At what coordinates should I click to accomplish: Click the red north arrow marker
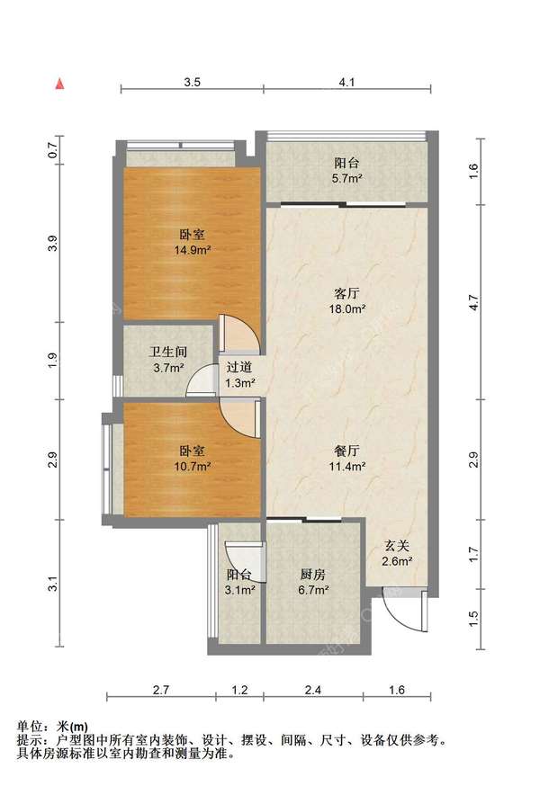59,84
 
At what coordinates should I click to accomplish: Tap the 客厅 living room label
346,293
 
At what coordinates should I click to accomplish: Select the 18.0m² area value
346,309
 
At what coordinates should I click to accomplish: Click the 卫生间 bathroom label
168,352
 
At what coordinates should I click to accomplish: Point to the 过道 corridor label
239,367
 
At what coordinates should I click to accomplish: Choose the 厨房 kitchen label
313,574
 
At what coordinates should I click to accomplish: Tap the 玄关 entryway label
397,545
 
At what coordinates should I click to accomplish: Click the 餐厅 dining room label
346,451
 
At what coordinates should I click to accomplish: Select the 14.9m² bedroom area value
192,250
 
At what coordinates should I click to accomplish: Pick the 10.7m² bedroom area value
192,467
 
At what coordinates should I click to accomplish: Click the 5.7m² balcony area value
346,178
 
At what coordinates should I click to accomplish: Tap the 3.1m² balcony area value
239,590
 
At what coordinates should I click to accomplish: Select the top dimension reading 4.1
346,82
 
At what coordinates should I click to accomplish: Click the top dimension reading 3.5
192,82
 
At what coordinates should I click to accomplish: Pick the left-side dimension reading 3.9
53,244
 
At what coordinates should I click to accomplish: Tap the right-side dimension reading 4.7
473,302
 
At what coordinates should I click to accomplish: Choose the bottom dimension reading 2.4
312,691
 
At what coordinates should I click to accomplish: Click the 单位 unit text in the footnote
29,726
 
